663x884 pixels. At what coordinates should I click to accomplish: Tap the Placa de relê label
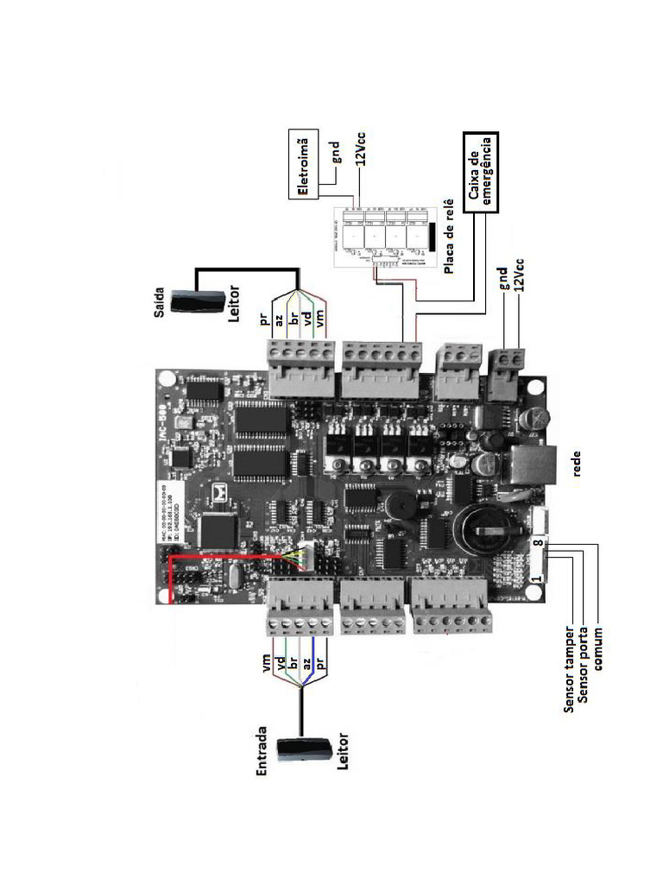coord(449,237)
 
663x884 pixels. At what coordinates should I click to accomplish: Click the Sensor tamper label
coord(569,670)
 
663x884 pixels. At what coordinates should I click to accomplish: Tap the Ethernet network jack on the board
coord(527,466)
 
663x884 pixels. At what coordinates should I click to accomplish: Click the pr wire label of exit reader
coord(264,321)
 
